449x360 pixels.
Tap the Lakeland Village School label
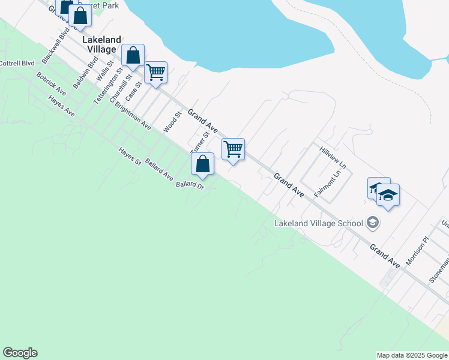pos(318,223)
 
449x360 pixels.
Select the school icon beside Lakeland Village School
pos(373,223)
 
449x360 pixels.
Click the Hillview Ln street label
pos(333,157)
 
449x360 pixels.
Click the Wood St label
pos(172,122)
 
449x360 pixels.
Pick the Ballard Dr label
pos(190,185)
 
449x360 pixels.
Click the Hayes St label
pos(130,157)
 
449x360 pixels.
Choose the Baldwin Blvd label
pos(85,74)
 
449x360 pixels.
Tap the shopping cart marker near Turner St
pos(233,148)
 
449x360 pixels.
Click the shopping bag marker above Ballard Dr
pos(203,164)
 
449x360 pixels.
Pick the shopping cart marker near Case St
pos(156,73)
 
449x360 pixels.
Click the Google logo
pos(20,353)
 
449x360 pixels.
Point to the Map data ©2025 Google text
pos(412,355)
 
